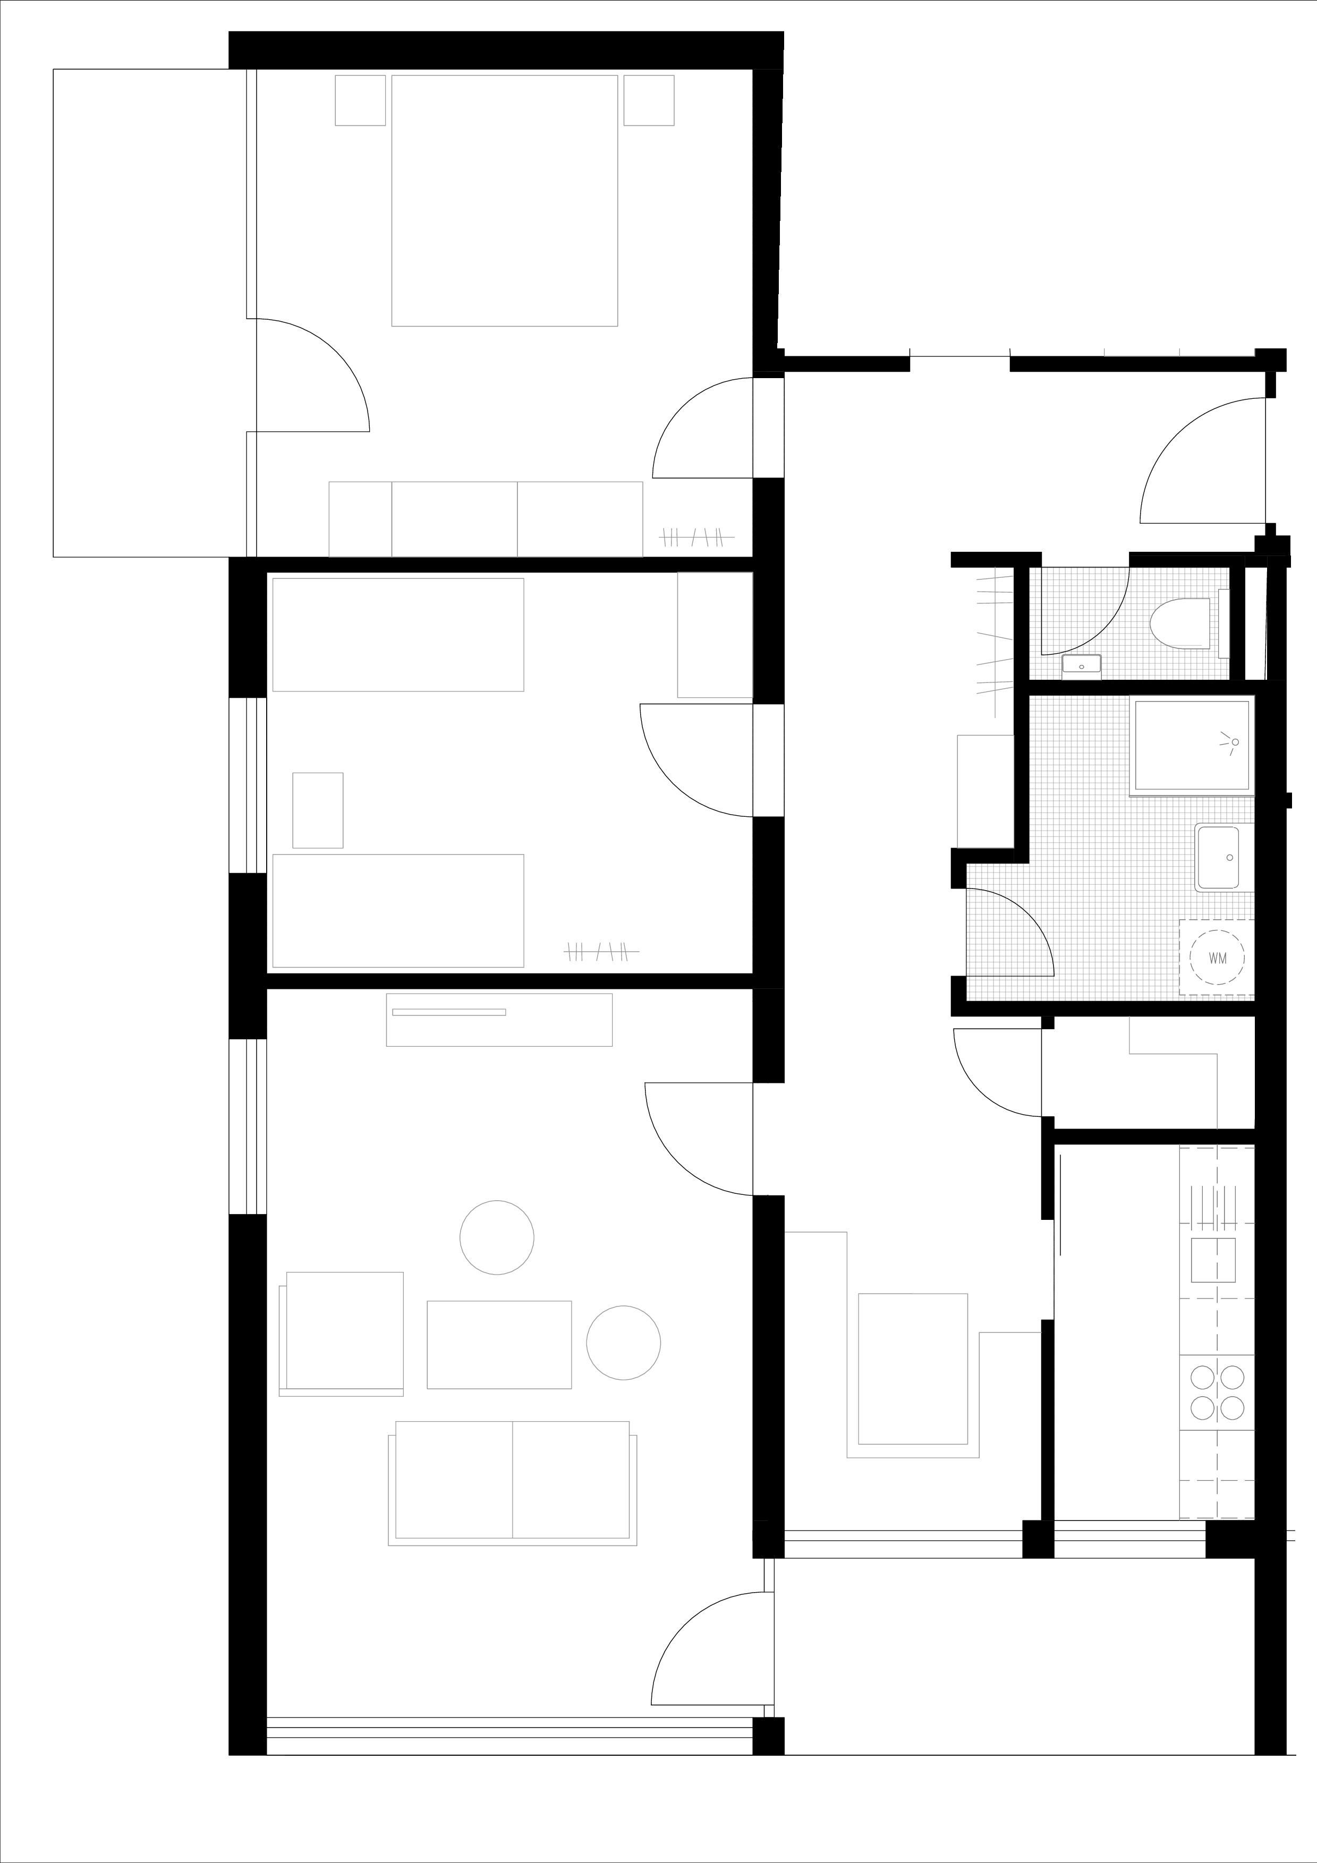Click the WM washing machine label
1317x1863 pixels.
(1217, 958)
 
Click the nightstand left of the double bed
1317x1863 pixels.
(360, 100)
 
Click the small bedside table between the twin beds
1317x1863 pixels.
(318, 810)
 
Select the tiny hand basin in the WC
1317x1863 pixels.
(1082, 664)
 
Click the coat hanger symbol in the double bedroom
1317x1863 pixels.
(697, 536)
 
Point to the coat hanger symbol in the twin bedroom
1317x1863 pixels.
(601, 951)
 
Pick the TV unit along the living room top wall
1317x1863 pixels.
(499, 1020)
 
